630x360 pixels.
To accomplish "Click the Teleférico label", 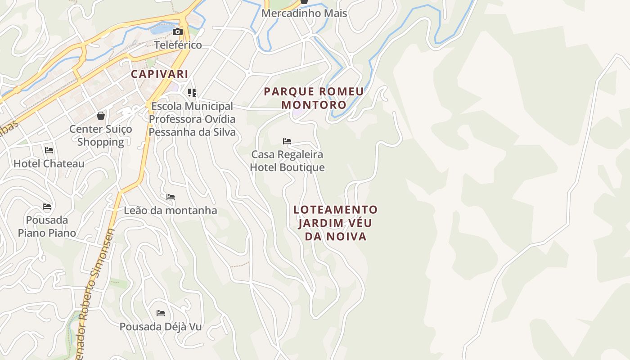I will pyautogui.click(x=178, y=45).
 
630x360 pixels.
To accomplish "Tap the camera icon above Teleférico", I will pyautogui.click(x=178, y=31).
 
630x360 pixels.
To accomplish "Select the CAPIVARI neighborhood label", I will pyautogui.click(x=159, y=74).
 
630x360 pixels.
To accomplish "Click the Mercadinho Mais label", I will pyautogui.click(x=304, y=13).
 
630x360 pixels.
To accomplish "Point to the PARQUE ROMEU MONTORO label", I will pyautogui.click(x=314, y=98).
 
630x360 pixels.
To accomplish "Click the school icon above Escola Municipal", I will pyautogui.click(x=192, y=93).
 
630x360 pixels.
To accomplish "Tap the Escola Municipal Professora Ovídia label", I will pyautogui.click(x=192, y=119).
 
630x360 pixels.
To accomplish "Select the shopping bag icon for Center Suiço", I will pyautogui.click(x=101, y=116).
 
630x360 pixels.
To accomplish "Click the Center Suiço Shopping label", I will pyautogui.click(x=101, y=135).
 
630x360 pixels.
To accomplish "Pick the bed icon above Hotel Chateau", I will pyautogui.click(x=49, y=150).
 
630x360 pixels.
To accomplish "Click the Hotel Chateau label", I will pyautogui.click(x=49, y=163).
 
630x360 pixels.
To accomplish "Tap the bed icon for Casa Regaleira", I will pyautogui.click(x=287, y=141).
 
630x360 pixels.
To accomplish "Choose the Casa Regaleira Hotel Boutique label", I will pyautogui.click(x=287, y=161).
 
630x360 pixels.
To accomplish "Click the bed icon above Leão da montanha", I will pyautogui.click(x=171, y=197).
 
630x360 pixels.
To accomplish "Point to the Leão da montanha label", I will pyautogui.click(x=171, y=211).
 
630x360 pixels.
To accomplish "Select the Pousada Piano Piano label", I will pyautogui.click(x=47, y=226).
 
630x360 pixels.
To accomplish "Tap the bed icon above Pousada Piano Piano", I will pyautogui.click(x=47, y=207).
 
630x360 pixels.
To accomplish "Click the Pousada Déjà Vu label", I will pyautogui.click(x=161, y=327).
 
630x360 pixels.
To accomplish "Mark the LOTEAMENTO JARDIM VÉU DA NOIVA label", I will pyautogui.click(x=335, y=223).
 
